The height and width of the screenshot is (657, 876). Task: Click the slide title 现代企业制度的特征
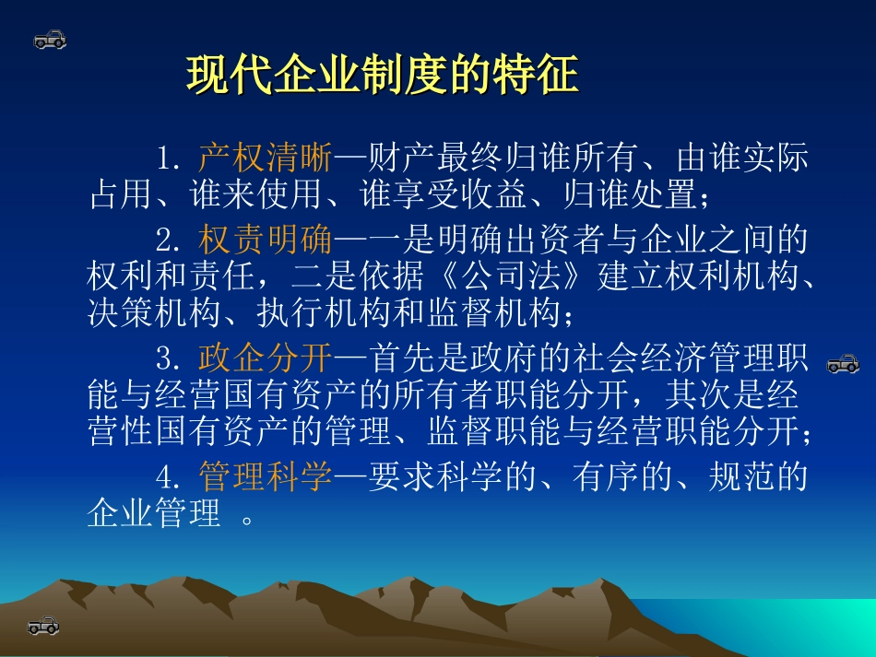click(x=382, y=76)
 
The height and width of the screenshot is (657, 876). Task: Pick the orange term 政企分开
click(x=265, y=356)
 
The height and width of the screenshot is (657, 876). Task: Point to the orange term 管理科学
click(x=265, y=476)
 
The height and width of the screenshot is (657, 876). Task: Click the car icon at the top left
click(x=50, y=40)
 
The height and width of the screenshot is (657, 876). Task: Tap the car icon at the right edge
click(x=842, y=364)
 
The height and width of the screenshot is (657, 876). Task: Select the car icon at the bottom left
click(x=43, y=626)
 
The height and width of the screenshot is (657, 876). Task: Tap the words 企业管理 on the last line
click(x=154, y=512)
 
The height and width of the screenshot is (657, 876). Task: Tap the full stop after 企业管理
click(x=247, y=518)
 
